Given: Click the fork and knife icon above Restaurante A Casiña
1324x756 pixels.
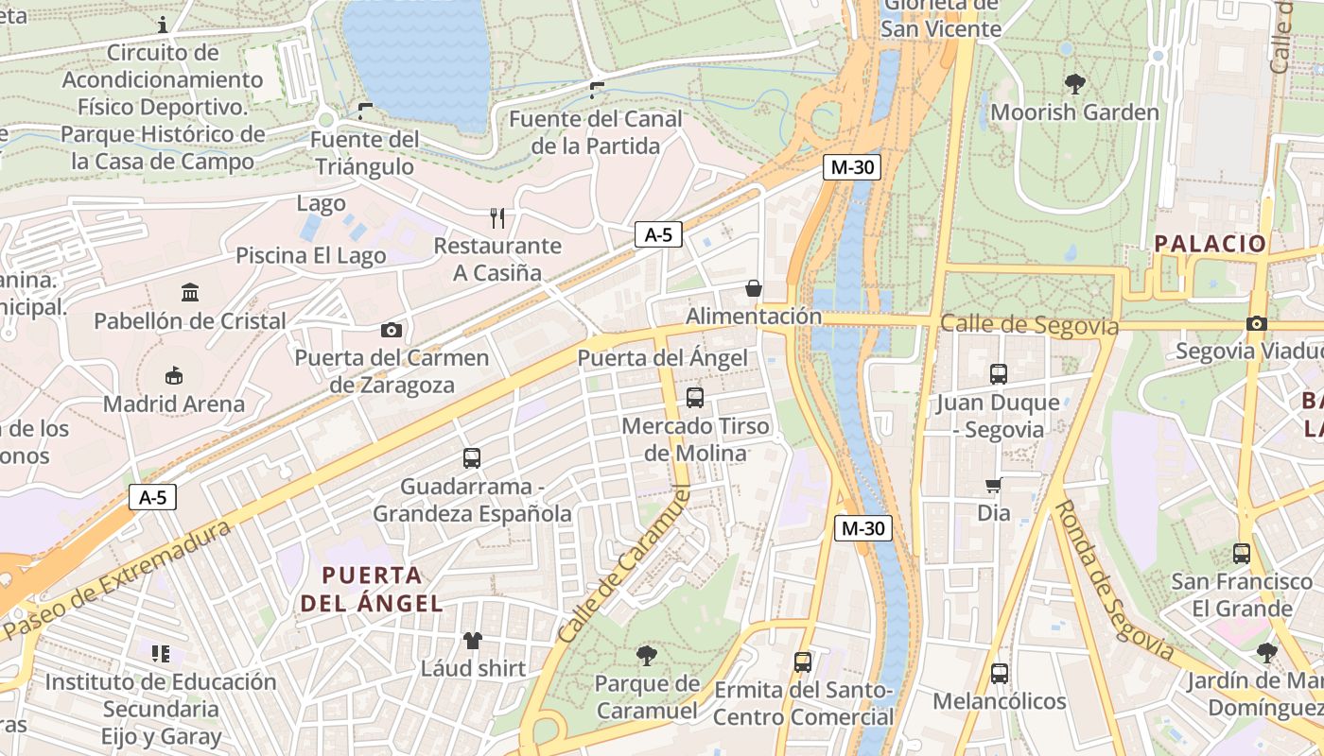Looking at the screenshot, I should click(x=497, y=218).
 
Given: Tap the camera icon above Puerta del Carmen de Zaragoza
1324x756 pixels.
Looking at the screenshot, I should click(x=391, y=330).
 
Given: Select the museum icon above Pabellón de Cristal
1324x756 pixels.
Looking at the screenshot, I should click(x=190, y=292).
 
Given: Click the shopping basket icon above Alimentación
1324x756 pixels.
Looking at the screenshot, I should click(x=754, y=288).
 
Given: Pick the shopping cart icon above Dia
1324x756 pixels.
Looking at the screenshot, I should click(x=993, y=485).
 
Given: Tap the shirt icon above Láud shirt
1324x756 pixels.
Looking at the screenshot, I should click(x=473, y=640).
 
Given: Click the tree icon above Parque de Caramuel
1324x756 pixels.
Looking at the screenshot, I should click(x=647, y=655).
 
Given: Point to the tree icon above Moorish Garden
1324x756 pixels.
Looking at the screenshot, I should click(x=1074, y=84).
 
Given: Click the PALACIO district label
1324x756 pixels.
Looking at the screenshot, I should click(x=1210, y=243).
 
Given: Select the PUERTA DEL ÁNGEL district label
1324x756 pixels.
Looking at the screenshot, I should click(x=371, y=589).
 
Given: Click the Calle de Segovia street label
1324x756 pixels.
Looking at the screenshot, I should click(x=1029, y=325).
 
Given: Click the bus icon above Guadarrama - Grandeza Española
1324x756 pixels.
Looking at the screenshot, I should click(x=472, y=458).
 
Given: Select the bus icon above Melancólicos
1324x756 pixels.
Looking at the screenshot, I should click(x=999, y=674).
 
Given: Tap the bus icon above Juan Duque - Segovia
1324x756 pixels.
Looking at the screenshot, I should click(x=998, y=374).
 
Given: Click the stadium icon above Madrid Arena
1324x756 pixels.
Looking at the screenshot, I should click(x=173, y=376).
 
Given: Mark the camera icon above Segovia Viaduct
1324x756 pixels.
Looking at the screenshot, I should click(x=1256, y=323).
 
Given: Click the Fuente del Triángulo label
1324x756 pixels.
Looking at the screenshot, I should click(x=364, y=153).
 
